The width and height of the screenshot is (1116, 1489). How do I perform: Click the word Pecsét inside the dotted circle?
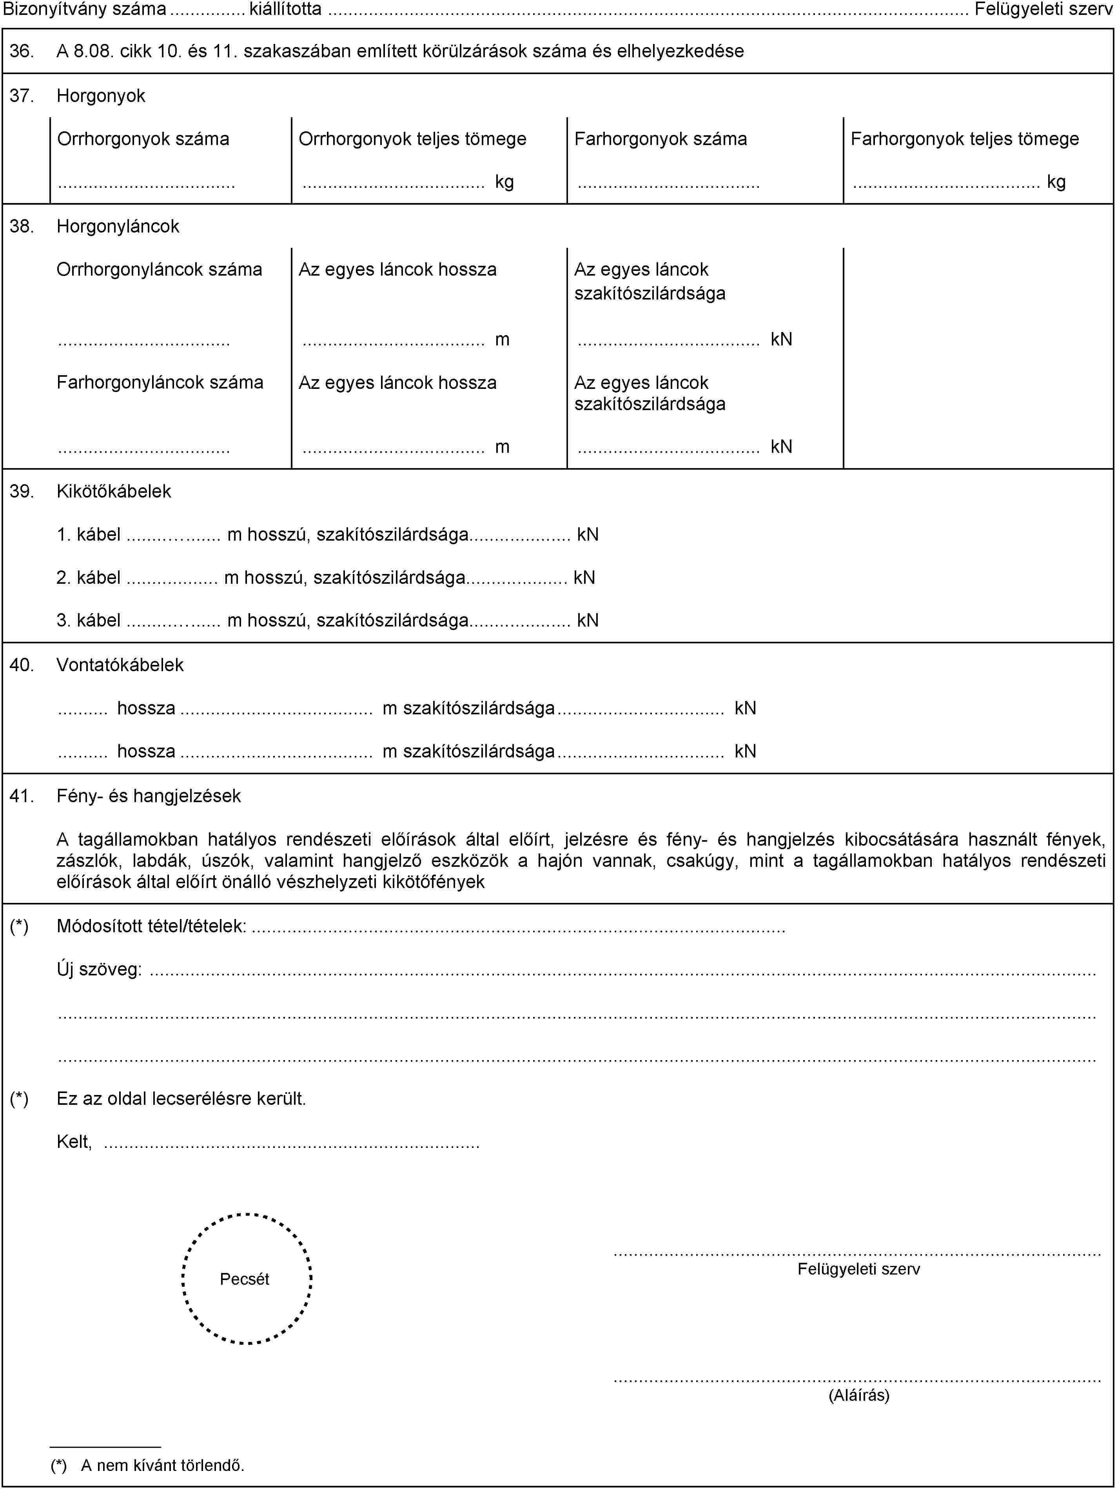pos(244,1279)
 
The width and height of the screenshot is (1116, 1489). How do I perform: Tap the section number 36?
pos(22,51)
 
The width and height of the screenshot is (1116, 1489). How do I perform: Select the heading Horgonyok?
pos(101,96)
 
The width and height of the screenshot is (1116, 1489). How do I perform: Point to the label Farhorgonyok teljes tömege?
pos(965,139)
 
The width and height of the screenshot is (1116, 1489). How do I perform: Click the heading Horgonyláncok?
pos(118,226)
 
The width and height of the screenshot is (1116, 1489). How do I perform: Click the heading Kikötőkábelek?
pos(114,491)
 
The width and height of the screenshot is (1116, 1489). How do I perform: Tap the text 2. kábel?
pos(89,577)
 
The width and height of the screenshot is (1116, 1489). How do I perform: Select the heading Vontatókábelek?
pos(120,665)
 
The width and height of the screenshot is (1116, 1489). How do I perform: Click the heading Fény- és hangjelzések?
pos(149,795)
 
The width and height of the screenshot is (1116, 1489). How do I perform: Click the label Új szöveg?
pos(99,969)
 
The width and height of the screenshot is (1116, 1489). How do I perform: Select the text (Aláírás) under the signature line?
pos(859,1395)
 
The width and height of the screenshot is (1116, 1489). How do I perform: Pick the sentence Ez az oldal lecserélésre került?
pos(181,1099)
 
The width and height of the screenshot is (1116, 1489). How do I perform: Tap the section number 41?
pos(22,795)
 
